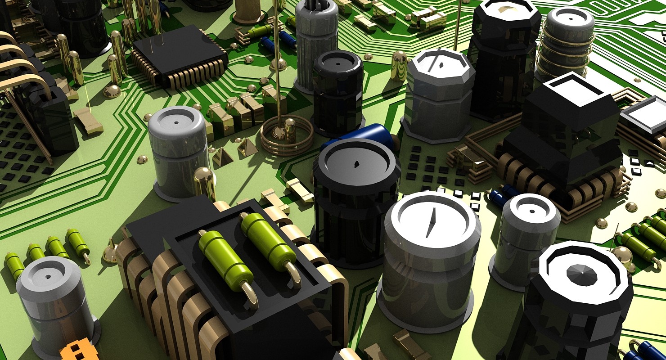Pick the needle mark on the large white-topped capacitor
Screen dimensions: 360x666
click(x=431, y=222)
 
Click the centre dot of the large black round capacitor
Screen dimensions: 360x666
click(x=356, y=163)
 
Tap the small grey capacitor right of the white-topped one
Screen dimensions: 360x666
click(x=526, y=238)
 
